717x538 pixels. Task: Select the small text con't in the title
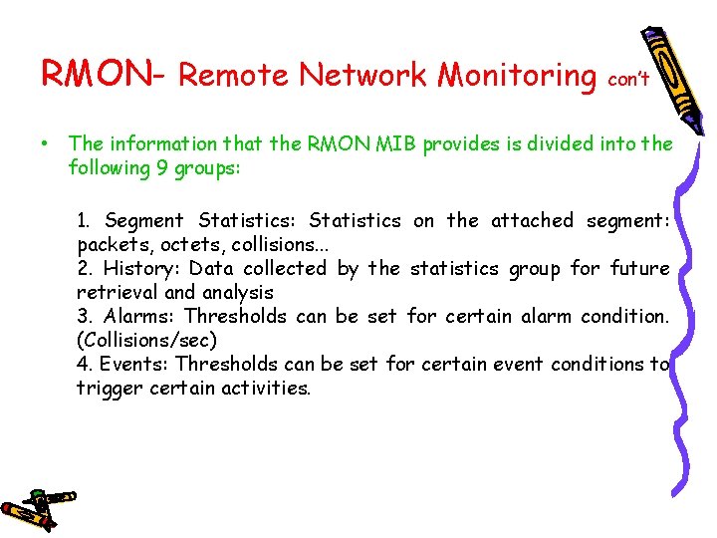pyautogui.click(x=628, y=79)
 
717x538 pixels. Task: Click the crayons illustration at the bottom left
pyautogui.click(x=38, y=507)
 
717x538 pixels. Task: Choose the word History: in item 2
pyautogui.click(x=143, y=268)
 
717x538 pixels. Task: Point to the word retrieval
pyautogui.click(x=118, y=292)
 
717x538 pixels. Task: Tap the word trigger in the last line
pyautogui.click(x=110, y=388)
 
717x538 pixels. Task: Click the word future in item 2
pyautogui.click(x=638, y=268)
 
